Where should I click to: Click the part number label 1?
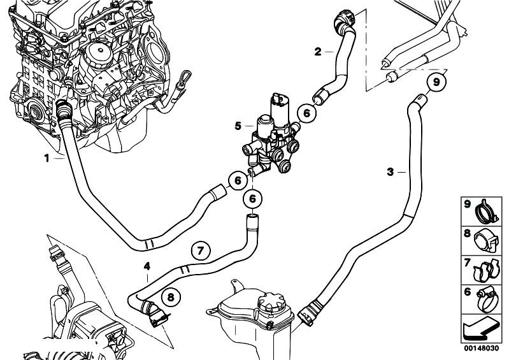(47, 157)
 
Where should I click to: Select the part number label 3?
(390, 171)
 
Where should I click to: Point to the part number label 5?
(237, 126)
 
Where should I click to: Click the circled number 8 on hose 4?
(170, 296)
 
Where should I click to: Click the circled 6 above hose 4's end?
(252, 199)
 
